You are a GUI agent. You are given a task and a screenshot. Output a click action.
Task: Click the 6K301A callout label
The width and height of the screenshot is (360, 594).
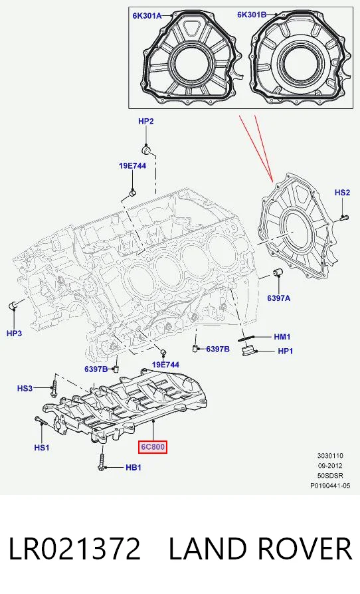147,15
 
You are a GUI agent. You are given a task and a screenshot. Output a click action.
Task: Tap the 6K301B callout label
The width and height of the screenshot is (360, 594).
252,15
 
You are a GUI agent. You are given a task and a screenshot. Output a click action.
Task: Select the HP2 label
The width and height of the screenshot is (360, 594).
145,121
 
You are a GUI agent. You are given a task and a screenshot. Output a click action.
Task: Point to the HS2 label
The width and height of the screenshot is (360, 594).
342,193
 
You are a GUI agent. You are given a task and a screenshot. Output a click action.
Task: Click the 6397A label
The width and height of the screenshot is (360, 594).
278,298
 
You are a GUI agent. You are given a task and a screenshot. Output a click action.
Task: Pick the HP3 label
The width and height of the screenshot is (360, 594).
15,334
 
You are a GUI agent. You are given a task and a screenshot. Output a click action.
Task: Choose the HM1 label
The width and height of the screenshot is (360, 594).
282,337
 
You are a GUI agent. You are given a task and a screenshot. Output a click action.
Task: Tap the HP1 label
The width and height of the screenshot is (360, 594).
286,351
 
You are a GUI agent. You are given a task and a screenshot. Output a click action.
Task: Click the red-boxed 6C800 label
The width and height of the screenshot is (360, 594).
153,447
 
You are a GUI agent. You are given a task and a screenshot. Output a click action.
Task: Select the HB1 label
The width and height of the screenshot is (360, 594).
134,468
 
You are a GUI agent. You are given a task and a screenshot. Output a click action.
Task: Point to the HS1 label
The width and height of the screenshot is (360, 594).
42,448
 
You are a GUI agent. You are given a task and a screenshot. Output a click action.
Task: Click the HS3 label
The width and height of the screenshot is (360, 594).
25,388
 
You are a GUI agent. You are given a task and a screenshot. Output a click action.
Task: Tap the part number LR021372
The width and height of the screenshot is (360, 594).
74,549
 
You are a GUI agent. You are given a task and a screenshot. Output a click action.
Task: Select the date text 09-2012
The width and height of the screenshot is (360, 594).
330,466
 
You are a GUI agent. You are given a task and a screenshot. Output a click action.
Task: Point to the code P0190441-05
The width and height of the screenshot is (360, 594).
330,485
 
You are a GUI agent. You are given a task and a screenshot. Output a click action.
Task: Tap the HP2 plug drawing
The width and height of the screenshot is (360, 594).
147,149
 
